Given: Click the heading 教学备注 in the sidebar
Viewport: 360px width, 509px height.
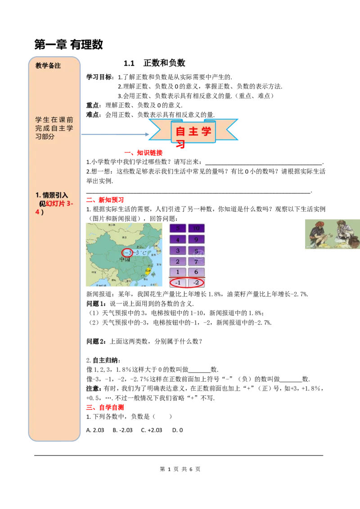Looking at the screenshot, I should pos(48,66).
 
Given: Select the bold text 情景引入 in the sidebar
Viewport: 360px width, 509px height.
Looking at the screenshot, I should pos(55,195).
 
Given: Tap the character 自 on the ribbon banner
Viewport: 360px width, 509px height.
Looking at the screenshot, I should pos(180,131).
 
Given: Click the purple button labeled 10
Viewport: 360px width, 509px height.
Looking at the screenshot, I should pos(196,228).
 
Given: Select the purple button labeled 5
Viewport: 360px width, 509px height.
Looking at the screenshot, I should pos(178,228).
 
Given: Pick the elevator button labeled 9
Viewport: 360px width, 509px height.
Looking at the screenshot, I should pos(196,240).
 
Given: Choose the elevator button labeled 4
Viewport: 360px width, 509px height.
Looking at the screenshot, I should pos(178,240).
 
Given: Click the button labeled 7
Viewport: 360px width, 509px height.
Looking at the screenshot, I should pos(196,261).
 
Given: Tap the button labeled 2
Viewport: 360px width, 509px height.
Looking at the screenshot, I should pos(178,261).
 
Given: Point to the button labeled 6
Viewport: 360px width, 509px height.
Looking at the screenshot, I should pos(196,272).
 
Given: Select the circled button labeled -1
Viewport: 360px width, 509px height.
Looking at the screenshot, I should pos(178,283).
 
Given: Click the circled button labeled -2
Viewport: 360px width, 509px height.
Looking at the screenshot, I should pos(196,283).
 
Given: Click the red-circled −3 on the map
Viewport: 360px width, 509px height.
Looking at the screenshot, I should pos(127,253).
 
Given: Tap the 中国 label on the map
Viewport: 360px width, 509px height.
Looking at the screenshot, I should pos(124,260).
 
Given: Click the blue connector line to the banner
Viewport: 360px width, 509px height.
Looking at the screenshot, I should pos(115,134).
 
